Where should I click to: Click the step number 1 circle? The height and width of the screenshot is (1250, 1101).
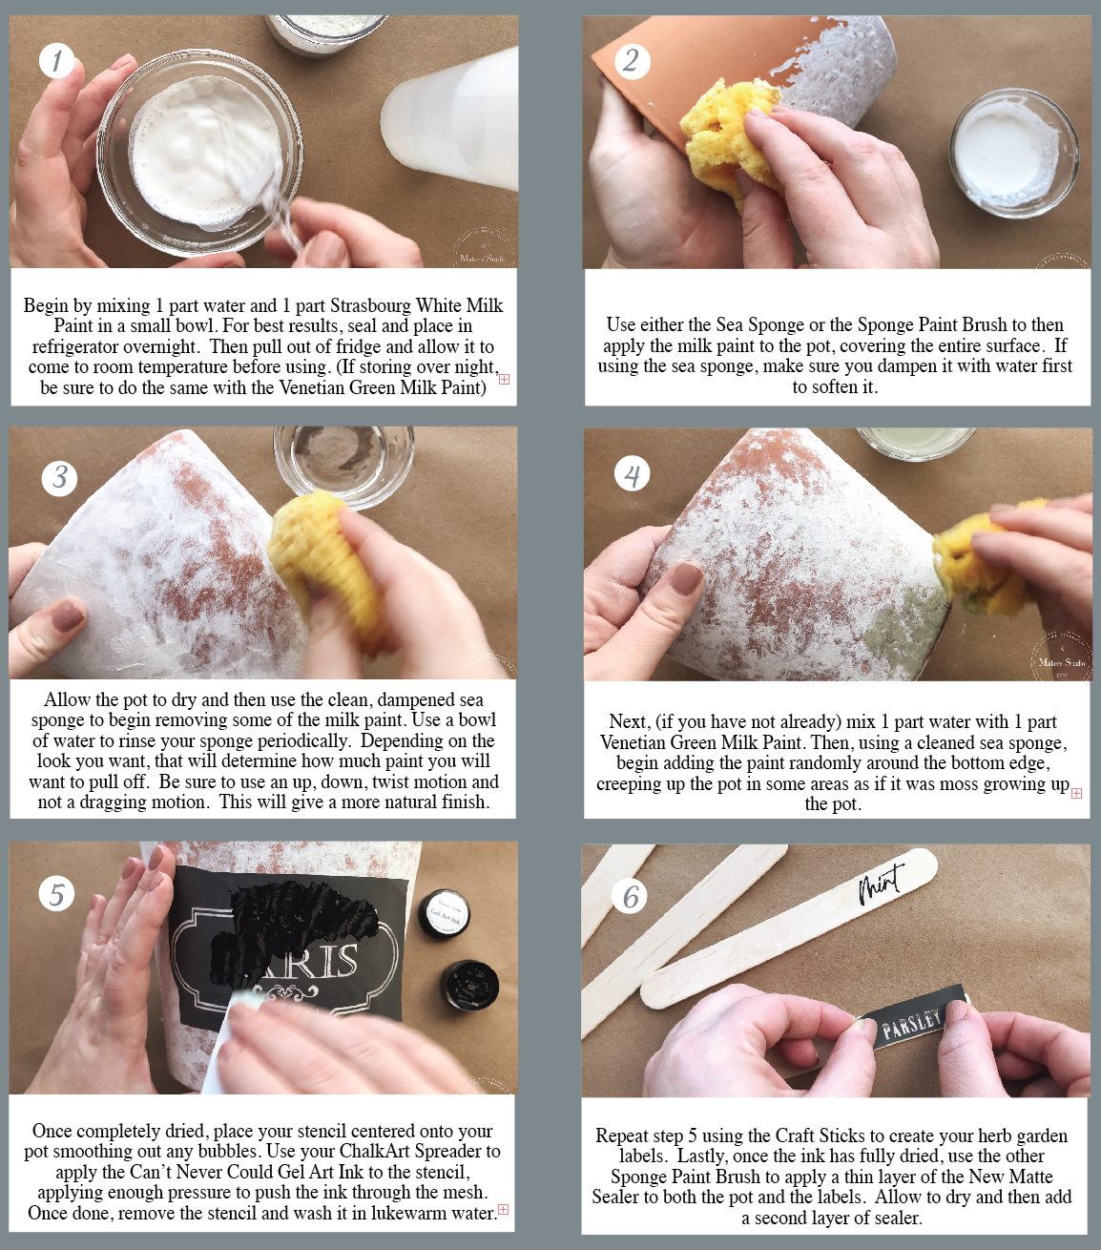56,61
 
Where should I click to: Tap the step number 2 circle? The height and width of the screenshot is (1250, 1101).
633,61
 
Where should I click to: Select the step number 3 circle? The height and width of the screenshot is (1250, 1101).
60,477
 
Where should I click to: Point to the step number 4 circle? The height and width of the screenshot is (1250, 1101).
633,474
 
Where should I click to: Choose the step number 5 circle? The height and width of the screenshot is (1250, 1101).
56,894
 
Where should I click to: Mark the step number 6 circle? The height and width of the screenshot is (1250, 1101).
630,897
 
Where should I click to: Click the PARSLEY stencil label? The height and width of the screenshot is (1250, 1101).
912,1024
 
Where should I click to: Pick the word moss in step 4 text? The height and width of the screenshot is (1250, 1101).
959,783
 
